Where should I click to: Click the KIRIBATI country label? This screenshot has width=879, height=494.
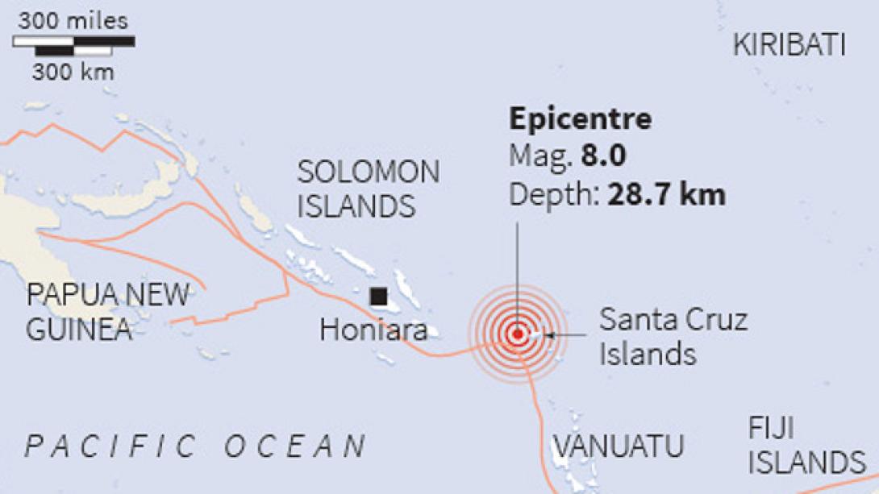pos(789,45)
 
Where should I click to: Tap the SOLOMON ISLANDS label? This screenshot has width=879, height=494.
pos(368,189)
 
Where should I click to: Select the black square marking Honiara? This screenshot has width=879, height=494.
pos(377,297)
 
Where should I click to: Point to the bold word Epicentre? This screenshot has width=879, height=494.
pos(580,119)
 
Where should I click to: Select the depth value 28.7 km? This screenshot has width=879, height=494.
pos(666,194)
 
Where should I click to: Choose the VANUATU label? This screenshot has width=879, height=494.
pos(618,446)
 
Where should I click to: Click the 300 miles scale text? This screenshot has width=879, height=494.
pos(73,22)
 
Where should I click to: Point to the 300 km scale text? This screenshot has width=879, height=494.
pos(73,72)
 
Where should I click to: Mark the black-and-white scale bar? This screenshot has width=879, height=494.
pos(73,46)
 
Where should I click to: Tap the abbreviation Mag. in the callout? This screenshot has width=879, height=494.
pos(541,156)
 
